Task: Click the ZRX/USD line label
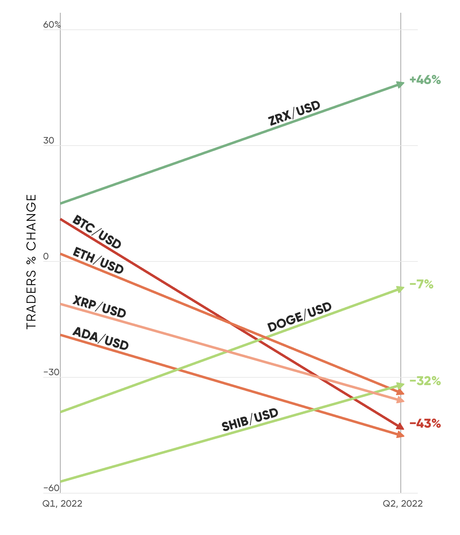pyautogui.click(x=294, y=113)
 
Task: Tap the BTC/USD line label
pyautogui.click(x=97, y=232)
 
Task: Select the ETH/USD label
pyautogui.click(x=98, y=261)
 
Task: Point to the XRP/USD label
pyautogui.click(x=99, y=307)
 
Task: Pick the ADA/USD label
pyautogui.click(x=100, y=339)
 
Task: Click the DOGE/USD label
pyautogui.click(x=299, y=317)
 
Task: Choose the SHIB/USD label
pyautogui.click(x=250, y=420)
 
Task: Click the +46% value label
pyautogui.click(x=425, y=80)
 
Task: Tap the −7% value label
pyautogui.click(x=421, y=284)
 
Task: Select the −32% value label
pyautogui.click(x=425, y=381)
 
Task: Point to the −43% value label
pyautogui.click(x=425, y=423)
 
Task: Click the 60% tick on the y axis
pyautogui.click(x=52, y=25)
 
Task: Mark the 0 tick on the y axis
pyautogui.click(x=46, y=257)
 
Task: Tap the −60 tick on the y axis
pyautogui.click(x=51, y=488)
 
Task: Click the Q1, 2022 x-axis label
pyautogui.click(x=62, y=503)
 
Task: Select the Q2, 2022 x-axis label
pyautogui.click(x=403, y=503)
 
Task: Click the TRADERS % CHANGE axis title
pyautogui.click(x=32, y=261)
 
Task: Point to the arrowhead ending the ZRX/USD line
pyautogui.click(x=400, y=84)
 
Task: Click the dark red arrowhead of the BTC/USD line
pyautogui.click(x=400, y=426)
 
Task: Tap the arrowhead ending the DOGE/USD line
pyautogui.click(x=400, y=289)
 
